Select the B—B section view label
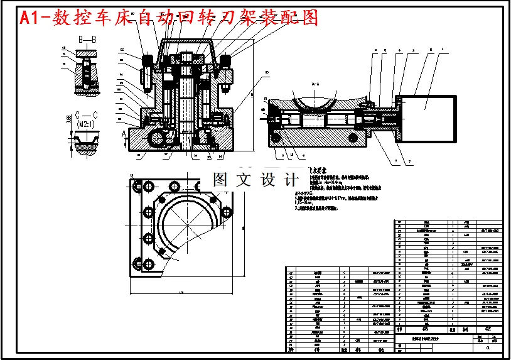click(x=87, y=40)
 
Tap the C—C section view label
click(x=85, y=115)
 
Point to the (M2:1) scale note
click(x=86, y=124)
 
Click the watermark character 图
click(x=222, y=180)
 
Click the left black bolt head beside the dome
click(x=149, y=61)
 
